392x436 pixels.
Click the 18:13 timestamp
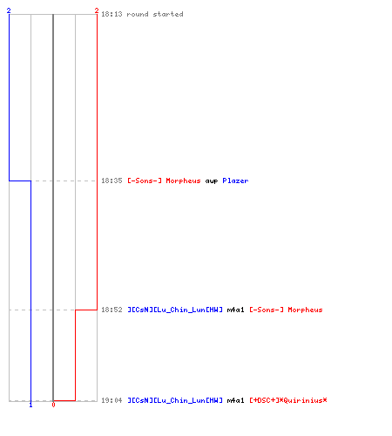coord(112,14)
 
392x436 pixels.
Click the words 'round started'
coord(155,14)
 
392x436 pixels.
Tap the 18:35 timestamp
coord(112,181)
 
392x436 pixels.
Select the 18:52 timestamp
coord(112,310)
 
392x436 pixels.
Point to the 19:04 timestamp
coord(112,400)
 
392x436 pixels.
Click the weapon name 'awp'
coord(212,181)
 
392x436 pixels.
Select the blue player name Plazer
coord(235,181)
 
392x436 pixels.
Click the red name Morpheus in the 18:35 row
coord(183,181)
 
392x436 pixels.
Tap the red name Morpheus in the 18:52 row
coord(305,310)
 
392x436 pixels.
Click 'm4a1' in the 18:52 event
coord(235,310)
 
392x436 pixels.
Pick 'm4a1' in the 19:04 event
coord(235,400)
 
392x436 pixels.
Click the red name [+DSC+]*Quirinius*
coord(288,400)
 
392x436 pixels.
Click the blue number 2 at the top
coord(9,10)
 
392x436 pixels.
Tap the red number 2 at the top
coord(97,10)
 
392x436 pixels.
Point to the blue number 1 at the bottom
coord(30,405)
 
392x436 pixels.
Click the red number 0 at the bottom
coord(53,405)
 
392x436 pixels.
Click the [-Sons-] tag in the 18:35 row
coord(145,181)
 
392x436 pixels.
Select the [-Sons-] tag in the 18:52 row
coord(267,310)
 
